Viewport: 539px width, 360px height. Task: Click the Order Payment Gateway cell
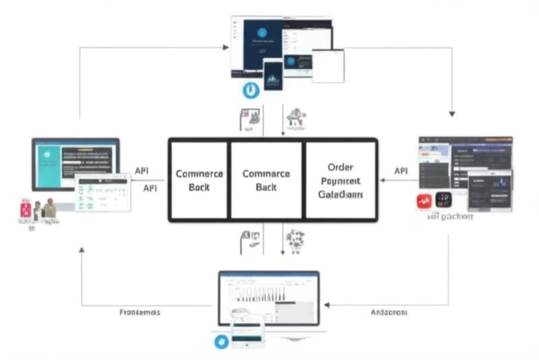click(x=340, y=180)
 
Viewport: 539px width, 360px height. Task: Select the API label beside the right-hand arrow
click(x=401, y=171)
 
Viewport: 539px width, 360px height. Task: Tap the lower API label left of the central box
click(x=150, y=188)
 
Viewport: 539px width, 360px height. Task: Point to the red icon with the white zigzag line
click(x=424, y=200)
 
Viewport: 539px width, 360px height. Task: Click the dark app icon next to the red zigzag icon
click(x=443, y=200)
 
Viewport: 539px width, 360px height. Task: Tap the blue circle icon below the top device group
click(x=251, y=90)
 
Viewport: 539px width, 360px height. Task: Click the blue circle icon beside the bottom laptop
click(x=222, y=342)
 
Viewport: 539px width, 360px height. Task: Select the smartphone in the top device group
click(x=272, y=75)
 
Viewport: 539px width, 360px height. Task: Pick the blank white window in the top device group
click(x=328, y=65)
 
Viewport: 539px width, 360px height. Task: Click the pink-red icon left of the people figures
click(x=26, y=210)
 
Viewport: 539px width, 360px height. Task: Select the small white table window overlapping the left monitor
click(x=102, y=192)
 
